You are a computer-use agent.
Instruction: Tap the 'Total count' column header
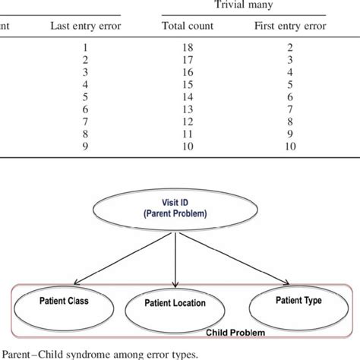[188, 26]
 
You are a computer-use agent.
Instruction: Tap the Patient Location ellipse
[175, 305]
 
